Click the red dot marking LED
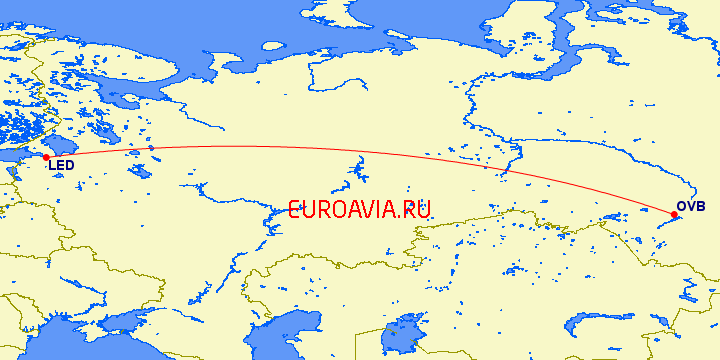coord(46,157)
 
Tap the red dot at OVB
coord(675,214)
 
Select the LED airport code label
coord(60,167)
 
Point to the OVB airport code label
coord(691,207)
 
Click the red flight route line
coord(300,149)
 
